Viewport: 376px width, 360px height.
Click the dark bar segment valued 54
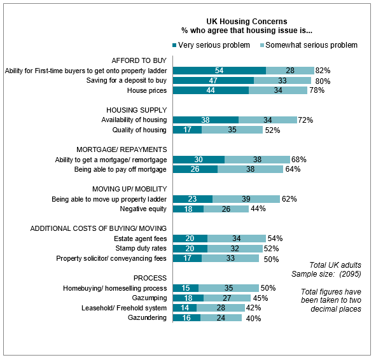tap(219, 71)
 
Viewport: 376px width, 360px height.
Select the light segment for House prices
tap(278, 90)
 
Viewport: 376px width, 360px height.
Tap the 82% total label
tap(323, 71)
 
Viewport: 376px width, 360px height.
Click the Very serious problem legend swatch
tap(174, 45)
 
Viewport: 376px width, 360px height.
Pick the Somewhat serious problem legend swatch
tap(262, 45)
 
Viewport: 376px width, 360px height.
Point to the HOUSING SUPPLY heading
tap(136, 110)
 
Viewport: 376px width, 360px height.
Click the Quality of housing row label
tap(139, 130)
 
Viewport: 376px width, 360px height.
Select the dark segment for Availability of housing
tap(205, 120)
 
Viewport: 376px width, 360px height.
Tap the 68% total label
tap(299, 160)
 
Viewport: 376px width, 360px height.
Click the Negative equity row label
tap(143, 209)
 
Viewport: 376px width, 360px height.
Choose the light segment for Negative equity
tap(226, 209)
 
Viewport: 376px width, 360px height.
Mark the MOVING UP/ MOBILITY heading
tap(130, 189)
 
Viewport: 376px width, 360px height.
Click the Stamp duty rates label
tap(141, 248)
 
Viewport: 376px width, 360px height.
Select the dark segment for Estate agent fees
tap(190, 239)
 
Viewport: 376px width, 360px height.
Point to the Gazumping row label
tap(150, 298)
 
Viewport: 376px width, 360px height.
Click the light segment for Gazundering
tap(221, 318)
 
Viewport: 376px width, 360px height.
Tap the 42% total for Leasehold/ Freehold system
tap(253, 308)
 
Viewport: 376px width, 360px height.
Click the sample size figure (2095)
tap(350, 273)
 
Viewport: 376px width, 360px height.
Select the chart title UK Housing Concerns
tap(247, 22)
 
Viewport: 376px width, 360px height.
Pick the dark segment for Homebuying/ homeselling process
tap(186, 288)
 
